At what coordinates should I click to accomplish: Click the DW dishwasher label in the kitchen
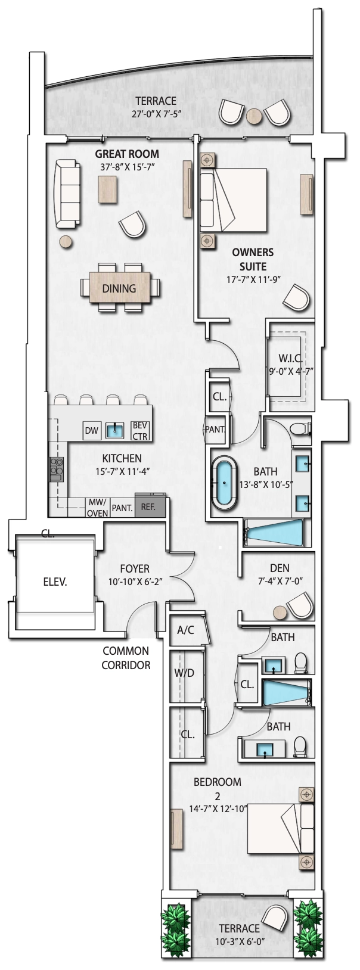click(x=91, y=430)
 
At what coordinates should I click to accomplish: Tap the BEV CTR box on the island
click(x=140, y=431)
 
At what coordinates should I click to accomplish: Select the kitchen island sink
click(x=115, y=430)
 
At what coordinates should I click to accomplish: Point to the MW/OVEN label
click(x=98, y=508)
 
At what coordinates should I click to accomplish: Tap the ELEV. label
click(x=55, y=582)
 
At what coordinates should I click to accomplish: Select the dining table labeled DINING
click(x=120, y=288)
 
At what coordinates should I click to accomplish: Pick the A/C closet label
click(x=185, y=630)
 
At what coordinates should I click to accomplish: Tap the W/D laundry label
click(x=184, y=673)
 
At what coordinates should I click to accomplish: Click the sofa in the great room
click(x=67, y=194)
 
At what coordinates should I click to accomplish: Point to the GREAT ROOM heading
click(x=127, y=154)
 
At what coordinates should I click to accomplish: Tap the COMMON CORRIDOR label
click(x=126, y=658)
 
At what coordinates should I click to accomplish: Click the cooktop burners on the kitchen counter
click(x=57, y=470)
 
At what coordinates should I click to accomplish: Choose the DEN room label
click(x=280, y=568)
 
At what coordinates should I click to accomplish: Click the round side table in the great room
click(x=66, y=241)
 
